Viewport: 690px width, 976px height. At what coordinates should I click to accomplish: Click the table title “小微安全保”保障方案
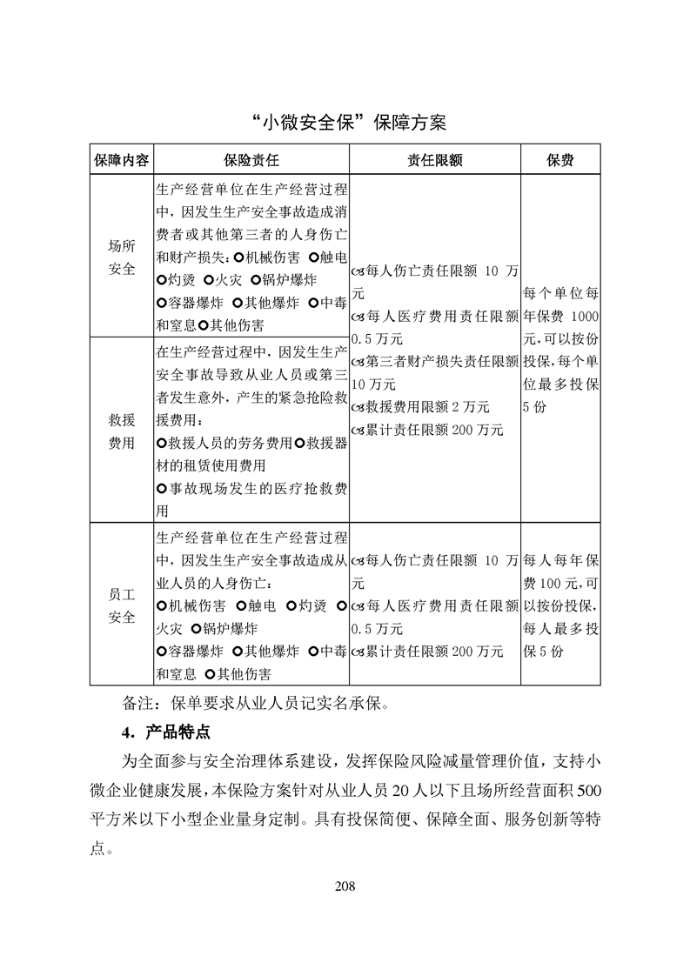pyautogui.click(x=345, y=122)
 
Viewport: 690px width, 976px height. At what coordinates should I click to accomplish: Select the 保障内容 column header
pyautogui.click(x=122, y=161)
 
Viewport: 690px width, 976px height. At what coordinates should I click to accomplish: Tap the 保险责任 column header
pyautogui.click(x=251, y=161)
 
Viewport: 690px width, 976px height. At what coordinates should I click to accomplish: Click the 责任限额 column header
pyautogui.click(x=434, y=161)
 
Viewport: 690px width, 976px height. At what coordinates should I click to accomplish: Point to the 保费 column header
pyautogui.click(x=559, y=161)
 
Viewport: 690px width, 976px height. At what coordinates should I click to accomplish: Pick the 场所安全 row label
pyautogui.click(x=122, y=258)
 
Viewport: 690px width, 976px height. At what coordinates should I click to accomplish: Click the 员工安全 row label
pyautogui.click(x=122, y=605)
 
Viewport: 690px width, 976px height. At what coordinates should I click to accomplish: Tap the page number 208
pyautogui.click(x=345, y=886)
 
